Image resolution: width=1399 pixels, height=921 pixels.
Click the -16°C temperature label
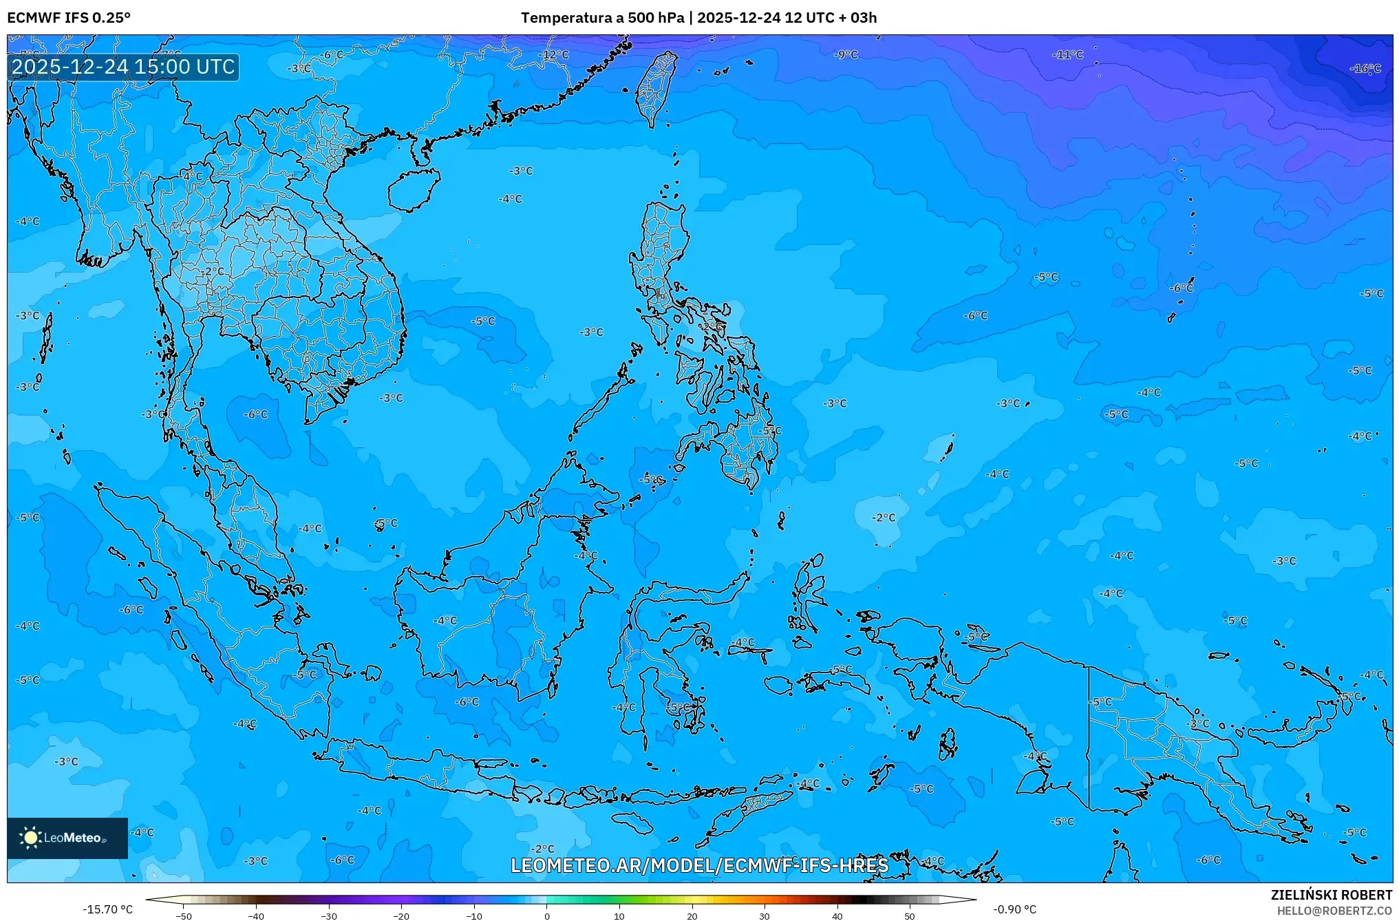(1365, 69)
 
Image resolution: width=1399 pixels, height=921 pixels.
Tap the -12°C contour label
(555, 54)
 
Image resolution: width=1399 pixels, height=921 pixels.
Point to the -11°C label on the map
(1068, 54)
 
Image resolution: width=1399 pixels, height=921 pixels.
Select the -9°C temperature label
(846, 54)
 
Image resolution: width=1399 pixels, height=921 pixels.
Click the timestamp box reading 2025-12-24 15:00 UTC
(123, 67)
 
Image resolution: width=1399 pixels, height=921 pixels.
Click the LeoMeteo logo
(67, 838)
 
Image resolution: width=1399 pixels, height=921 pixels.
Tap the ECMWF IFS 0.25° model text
(69, 18)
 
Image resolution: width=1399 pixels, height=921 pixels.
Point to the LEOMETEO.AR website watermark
(699, 865)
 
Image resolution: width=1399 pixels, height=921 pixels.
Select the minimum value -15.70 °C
(108, 909)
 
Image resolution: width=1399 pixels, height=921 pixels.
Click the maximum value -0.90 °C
(1014, 909)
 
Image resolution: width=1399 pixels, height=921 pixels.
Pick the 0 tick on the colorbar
(547, 916)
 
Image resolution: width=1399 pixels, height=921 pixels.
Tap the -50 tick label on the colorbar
(184, 916)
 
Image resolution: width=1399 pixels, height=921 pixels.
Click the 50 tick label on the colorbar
(910, 916)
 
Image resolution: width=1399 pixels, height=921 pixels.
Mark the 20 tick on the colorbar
(692, 916)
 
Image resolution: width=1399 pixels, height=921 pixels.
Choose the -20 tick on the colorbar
(401, 916)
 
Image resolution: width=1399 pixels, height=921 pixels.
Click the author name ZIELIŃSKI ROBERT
(1331, 895)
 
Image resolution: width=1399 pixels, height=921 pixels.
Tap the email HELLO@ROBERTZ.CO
(1334, 911)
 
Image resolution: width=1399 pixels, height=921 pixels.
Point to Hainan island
(413, 189)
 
